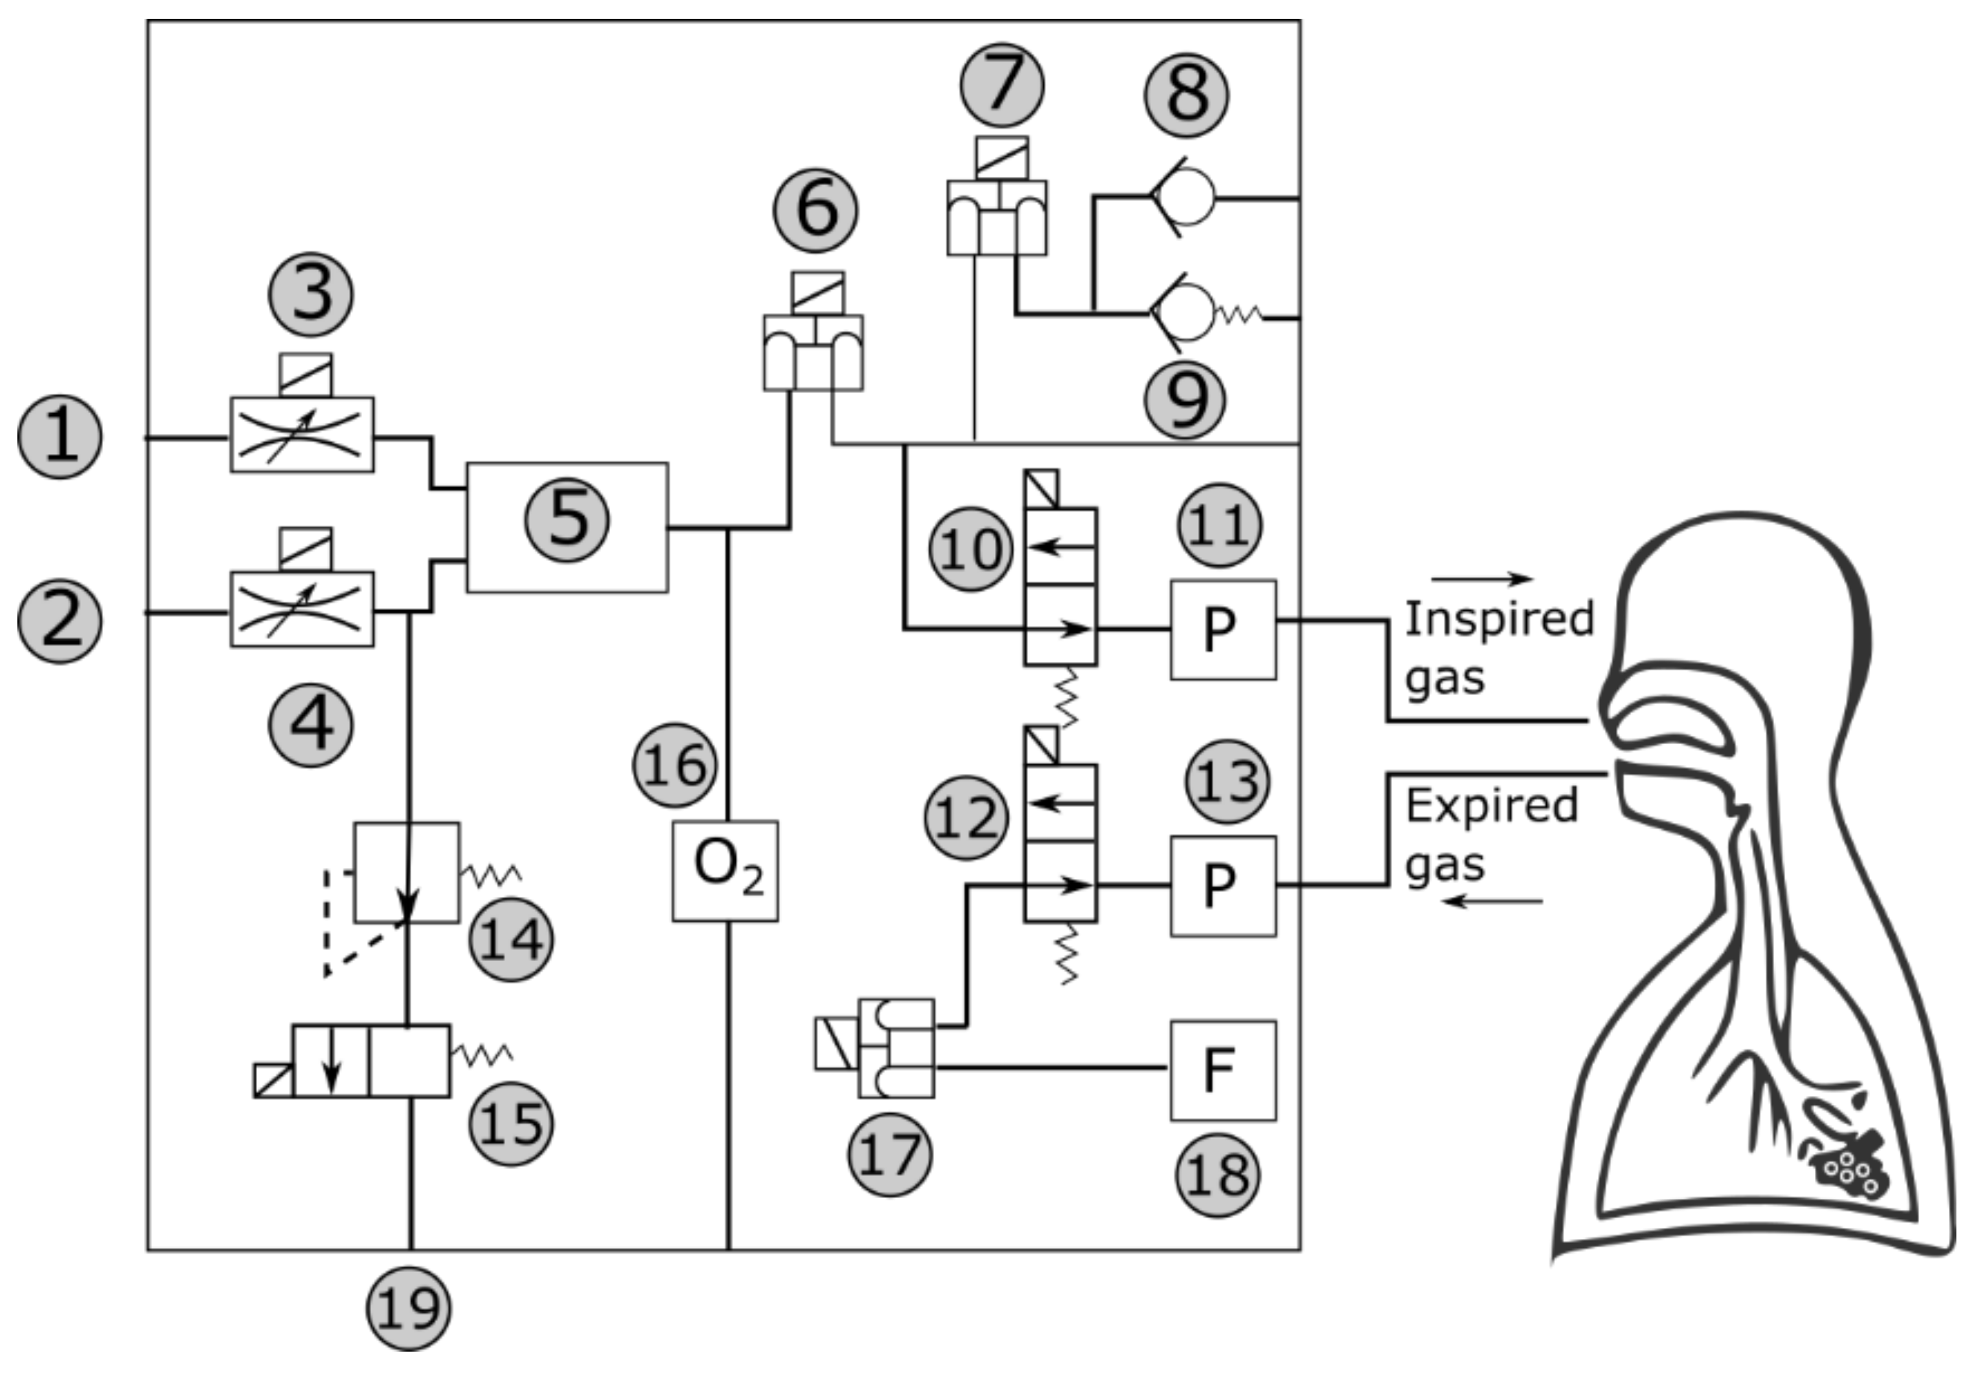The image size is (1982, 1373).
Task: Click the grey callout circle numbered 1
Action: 60,437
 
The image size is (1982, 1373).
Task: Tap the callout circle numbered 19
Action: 409,1308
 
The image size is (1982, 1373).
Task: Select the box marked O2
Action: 725,870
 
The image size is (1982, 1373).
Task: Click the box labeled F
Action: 1222,1070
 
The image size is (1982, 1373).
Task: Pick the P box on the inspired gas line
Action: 1222,630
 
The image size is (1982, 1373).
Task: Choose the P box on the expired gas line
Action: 1222,885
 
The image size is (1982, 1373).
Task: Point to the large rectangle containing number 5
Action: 567,527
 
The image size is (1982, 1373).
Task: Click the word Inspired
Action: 1499,618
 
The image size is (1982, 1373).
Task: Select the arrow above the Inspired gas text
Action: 1481,579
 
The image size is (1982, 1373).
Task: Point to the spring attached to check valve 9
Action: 1238,315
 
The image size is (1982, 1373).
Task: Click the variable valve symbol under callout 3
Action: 302,435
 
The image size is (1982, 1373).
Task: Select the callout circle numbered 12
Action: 965,818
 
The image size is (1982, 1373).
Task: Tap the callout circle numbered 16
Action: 674,765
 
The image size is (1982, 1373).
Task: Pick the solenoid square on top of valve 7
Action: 1001,158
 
